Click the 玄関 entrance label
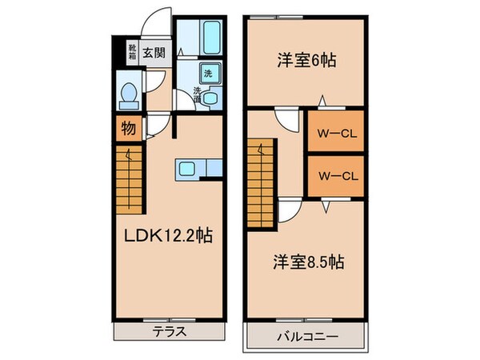coord(154,54)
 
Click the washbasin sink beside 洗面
coord(210,98)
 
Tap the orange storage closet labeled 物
coord(128,127)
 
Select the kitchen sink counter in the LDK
coord(192,168)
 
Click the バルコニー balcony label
coord(307,336)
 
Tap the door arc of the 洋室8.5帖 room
coord(291,210)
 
